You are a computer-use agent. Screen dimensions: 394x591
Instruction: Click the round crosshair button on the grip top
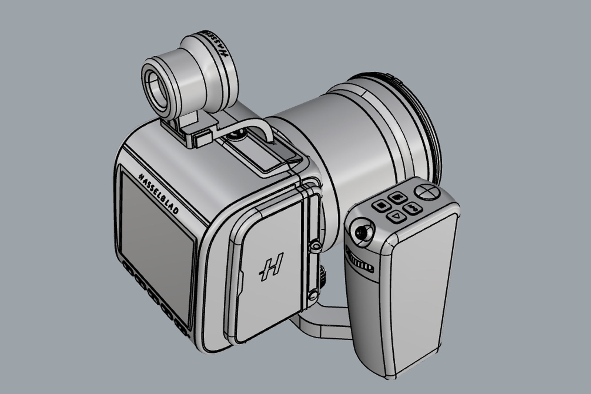[x=426, y=191]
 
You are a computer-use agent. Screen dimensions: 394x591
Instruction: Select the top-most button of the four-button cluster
[x=395, y=197]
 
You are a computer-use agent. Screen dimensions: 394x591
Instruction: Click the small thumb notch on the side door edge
[x=241, y=280]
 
